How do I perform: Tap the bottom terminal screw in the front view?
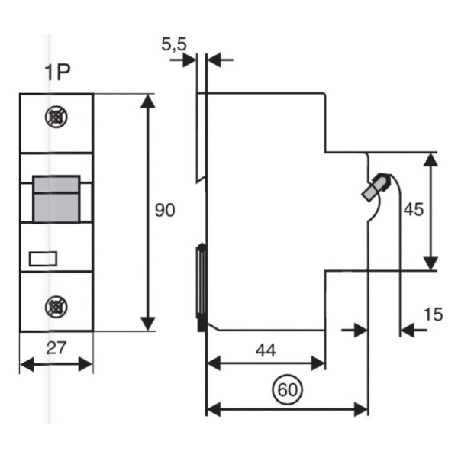pos(56,307)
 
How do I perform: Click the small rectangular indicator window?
pos(42,258)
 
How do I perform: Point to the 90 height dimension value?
pos(165,211)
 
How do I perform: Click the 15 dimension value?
pos(433,313)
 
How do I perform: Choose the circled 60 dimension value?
pos(287,390)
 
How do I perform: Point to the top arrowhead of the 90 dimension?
pos(149,100)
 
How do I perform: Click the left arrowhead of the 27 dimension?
pos(25,365)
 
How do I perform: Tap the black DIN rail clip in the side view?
pos(202,286)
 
